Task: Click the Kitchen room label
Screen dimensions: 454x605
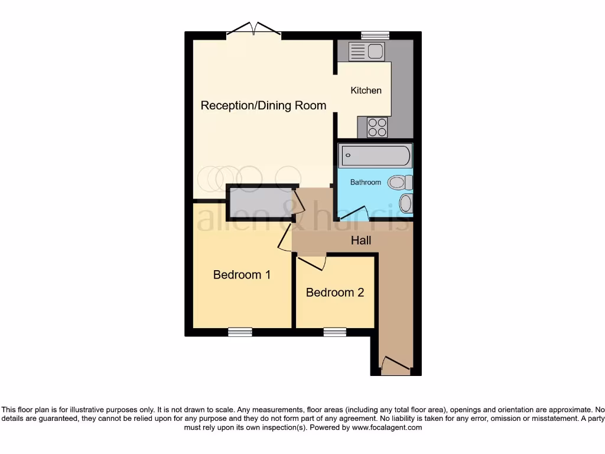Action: pos(366,90)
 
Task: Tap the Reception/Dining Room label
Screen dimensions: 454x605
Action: pos(263,106)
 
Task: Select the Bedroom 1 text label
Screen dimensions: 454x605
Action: pos(242,275)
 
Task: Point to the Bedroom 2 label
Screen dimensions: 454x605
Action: pos(335,293)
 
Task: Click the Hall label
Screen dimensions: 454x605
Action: pos(361,241)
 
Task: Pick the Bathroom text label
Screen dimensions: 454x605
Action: pos(365,182)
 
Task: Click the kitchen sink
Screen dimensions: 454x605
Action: pos(367,51)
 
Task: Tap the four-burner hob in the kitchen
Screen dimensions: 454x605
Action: pos(378,127)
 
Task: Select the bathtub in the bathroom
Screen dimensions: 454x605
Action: pos(375,155)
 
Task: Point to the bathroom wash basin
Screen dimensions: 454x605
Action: pos(405,204)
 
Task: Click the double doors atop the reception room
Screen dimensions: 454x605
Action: pos(255,29)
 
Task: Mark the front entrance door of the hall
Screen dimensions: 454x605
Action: pos(395,365)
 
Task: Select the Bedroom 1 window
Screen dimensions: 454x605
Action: pos(240,332)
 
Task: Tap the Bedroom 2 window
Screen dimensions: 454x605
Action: pos(335,332)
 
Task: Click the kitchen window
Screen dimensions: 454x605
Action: pos(375,35)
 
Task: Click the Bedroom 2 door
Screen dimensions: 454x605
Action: pos(313,262)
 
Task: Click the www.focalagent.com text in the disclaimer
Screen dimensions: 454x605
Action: pos(388,427)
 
